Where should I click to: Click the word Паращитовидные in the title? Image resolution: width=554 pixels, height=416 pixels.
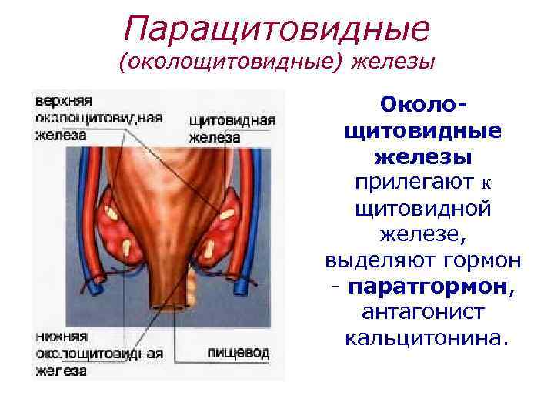pos(276,30)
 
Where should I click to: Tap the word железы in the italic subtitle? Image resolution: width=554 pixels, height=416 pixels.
pos(393,62)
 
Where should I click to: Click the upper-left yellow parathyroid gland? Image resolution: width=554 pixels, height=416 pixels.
pos(112,210)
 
